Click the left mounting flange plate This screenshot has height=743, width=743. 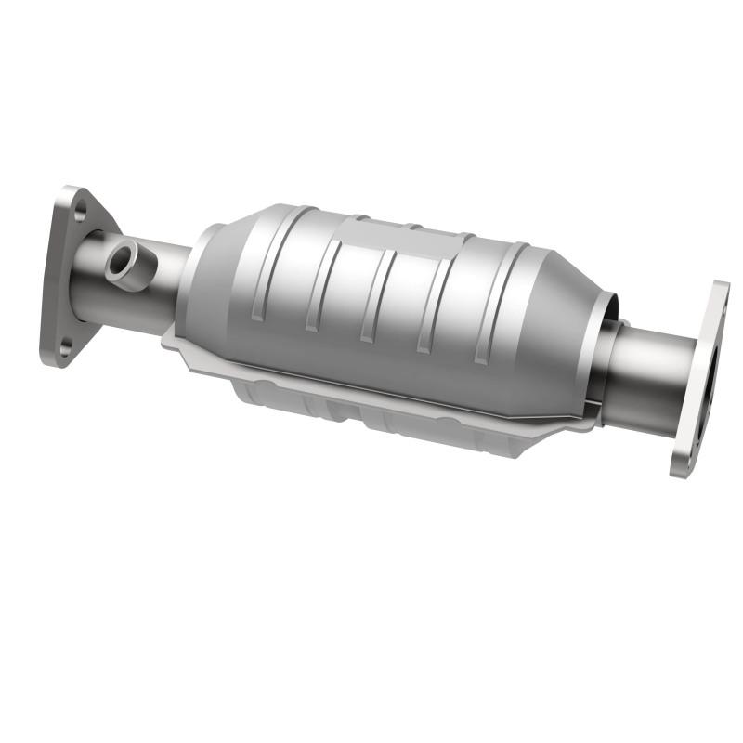59,279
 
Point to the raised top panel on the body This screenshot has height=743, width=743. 409,237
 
